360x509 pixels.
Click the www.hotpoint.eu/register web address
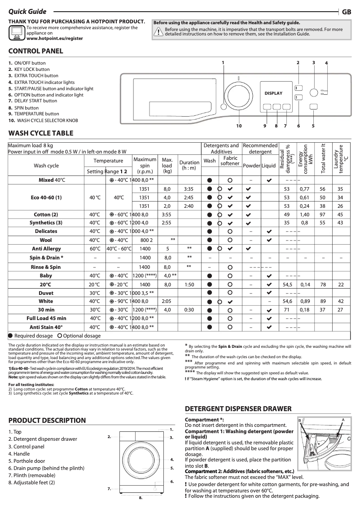(54, 39)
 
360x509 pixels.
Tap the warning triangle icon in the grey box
(158, 32)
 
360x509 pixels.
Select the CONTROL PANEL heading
(36, 51)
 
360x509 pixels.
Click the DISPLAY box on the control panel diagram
(273, 93)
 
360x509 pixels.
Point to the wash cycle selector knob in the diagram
(238, 95)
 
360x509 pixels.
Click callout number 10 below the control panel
(239, 126)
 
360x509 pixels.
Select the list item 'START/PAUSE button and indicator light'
(51, 89)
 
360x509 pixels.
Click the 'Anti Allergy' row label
(47, 249)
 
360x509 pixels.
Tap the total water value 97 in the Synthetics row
(322, 215)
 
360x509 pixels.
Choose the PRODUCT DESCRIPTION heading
(47, 421)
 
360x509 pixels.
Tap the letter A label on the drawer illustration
(342, 419)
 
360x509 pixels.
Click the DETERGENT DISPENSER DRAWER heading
(238, 409)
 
